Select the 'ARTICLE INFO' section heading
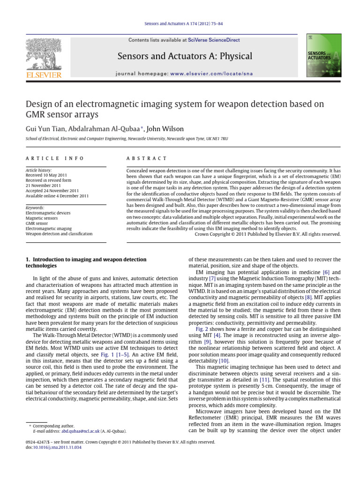click(55, 158)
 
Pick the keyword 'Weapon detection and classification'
click(59, 233)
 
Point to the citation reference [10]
click(225, 361)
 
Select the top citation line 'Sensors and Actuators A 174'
click(180, 23)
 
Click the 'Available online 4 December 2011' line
click(57, 196)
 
